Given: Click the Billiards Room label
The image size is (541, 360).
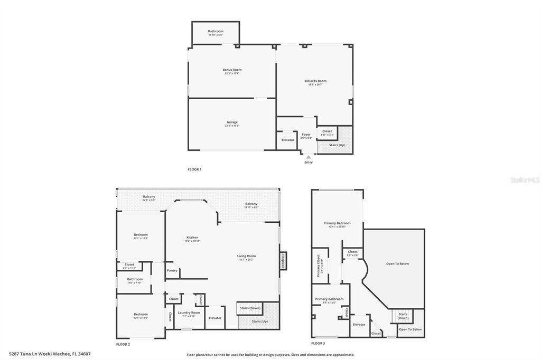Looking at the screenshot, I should (x=315, y=81).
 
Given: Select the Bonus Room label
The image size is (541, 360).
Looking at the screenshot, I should (x=232, y=70).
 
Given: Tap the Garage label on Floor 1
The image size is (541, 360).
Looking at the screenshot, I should (x=232, y=122).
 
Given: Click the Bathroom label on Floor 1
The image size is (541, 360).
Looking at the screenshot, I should (x=216, y=31).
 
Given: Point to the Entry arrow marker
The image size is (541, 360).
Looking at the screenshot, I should (x=309, y=157).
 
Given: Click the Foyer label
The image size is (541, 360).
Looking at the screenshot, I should (x=306, y=135).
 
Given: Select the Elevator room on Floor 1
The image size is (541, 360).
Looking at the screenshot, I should (x=287, y=140).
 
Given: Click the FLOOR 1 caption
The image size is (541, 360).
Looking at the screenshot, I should (x=194, y=169).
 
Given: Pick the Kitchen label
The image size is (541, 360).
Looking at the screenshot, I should (x=192, y=238).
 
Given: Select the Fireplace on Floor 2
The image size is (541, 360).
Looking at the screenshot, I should (x=283, y=261).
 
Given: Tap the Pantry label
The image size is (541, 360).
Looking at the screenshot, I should (x=172, y=270).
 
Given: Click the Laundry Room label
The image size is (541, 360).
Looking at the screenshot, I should (x=189, y=312).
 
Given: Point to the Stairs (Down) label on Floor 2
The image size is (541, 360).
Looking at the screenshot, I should (x=250, y=308).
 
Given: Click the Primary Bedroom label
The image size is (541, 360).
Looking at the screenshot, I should (x=337, y=223).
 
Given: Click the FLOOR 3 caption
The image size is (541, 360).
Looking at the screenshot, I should (x=318, y=343).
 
